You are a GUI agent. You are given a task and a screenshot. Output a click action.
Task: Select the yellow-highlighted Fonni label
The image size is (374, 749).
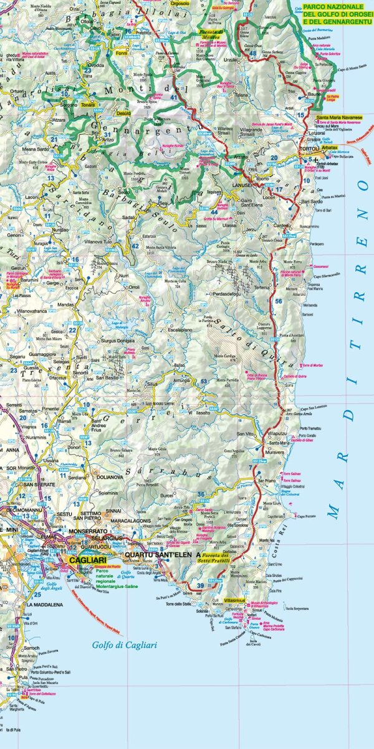pyautogui.click(x=120, y=54)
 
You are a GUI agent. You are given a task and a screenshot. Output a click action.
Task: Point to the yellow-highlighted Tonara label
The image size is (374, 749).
pyautogui.click(x=88, y=105)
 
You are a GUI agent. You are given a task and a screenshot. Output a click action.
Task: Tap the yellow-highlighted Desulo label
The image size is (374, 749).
pyautogui.click(x=123, y=113)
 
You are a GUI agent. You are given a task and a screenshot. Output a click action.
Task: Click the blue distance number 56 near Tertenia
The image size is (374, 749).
pyautogui.click(x=279, y=301)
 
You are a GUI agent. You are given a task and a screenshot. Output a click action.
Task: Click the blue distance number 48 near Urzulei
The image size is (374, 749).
pyautogui.click(x=252, y=53)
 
